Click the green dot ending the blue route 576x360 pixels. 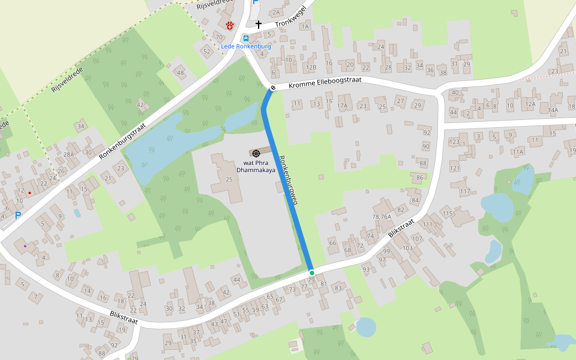311,273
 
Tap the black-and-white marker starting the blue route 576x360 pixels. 273,89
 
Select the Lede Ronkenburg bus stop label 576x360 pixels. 246,46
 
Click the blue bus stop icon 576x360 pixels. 246,38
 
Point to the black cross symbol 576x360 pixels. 259,25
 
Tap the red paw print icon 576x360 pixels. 230,25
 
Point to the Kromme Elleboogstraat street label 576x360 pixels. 325,86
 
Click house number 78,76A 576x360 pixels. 382,217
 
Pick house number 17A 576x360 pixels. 343,106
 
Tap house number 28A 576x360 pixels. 69,155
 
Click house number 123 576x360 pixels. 454,142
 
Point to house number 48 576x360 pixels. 181,73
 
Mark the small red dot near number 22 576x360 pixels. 29,193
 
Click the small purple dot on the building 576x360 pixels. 25,246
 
